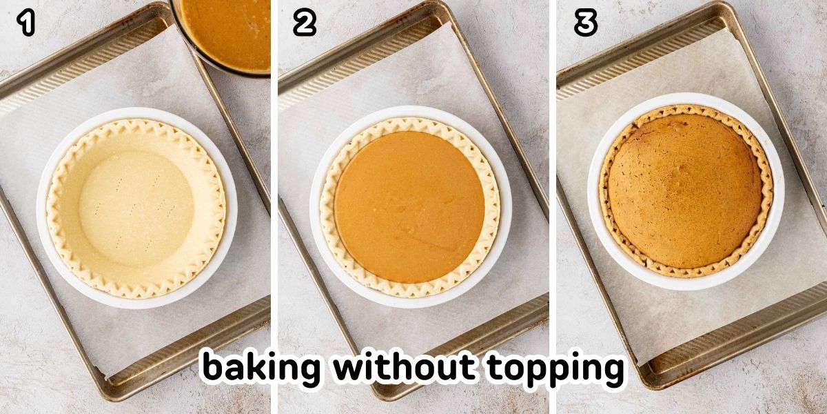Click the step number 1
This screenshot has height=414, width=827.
[x=25, y=24]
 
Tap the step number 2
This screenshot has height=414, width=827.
[x=304, y=24]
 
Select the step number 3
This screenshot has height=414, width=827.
[x=585, y=24]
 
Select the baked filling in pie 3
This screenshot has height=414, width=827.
[x=685, y=193]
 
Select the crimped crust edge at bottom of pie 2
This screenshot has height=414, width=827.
[x=409, y=290]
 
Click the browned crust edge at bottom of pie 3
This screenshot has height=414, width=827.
[x=685, y=272]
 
